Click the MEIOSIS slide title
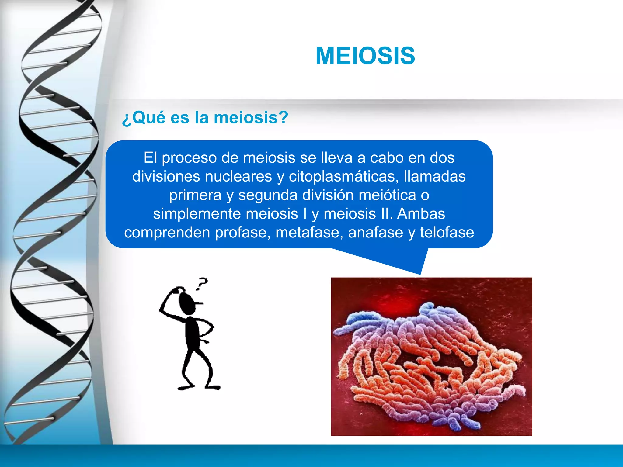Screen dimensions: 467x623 pyautogui.click(x=365, y=56)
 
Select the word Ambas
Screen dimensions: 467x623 pyautogui.click(x=421, y=214)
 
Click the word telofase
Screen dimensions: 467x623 pyautogui.click(x=447, y=233)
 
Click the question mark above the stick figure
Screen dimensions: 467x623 pyautogui.click(x=202, y=283)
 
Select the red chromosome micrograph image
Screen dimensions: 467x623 pyautogui.click(x=431, y=356)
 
